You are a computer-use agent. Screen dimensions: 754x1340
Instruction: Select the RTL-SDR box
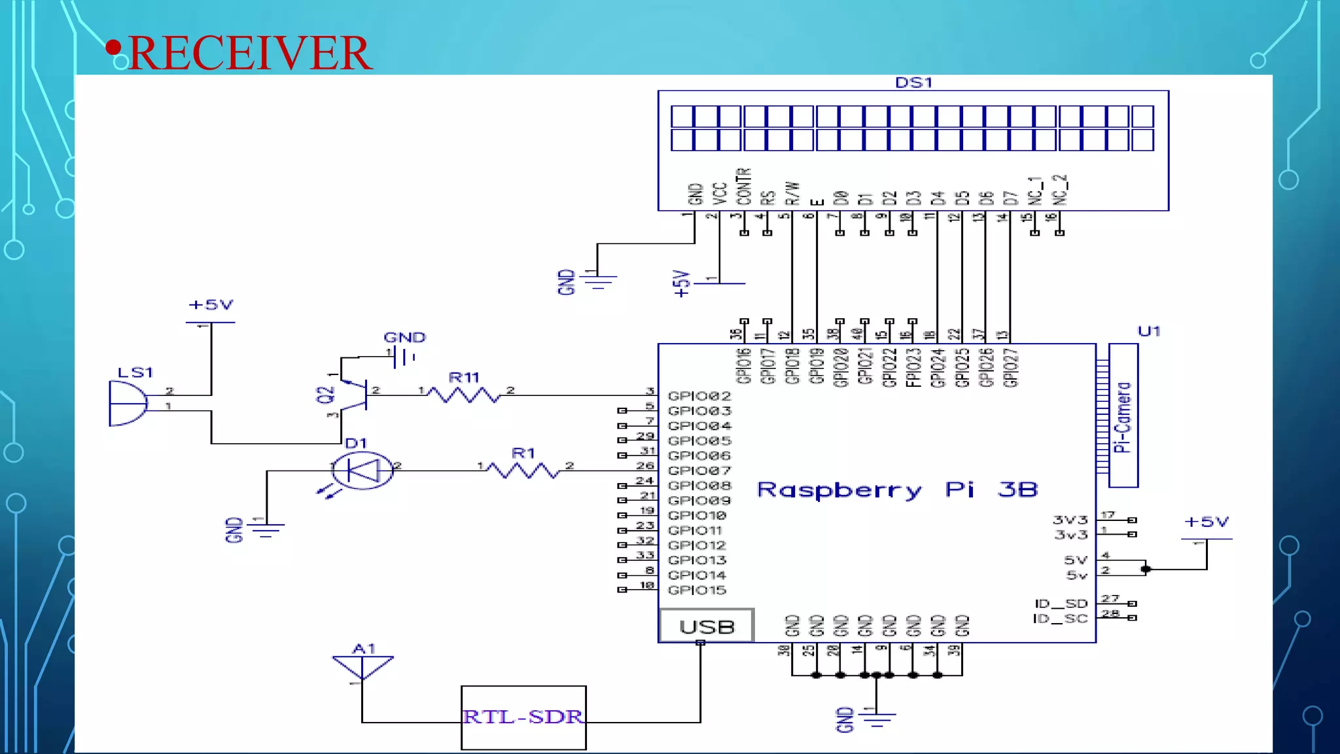pos(523,717)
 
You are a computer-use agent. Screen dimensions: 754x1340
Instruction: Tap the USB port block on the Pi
pos(707,626)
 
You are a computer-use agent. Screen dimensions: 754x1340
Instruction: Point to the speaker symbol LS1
pos(128,403)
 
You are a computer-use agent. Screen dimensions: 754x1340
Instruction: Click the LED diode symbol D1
pos(362,470)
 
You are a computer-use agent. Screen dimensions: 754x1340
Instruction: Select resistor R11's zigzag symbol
pos(465,395)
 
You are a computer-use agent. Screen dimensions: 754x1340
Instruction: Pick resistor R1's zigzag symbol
pos(523,470)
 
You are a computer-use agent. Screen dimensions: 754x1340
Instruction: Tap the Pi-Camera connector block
pos(1123,416)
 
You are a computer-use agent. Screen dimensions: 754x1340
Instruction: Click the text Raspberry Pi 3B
pos(896,490)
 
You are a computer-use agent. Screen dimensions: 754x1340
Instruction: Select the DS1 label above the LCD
pos(913,82)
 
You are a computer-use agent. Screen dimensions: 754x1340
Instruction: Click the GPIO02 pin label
pos(699,396)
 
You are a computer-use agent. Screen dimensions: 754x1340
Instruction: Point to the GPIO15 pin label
pos(697,590)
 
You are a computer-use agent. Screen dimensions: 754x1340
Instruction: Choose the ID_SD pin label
pos(1061,603)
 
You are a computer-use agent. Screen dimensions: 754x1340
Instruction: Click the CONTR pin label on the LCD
pos(744,187)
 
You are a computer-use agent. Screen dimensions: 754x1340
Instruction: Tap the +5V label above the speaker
pos(211,305)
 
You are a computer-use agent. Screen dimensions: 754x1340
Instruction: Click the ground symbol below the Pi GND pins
pos(877,719)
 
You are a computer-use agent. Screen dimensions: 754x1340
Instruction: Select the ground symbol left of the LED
pos(265,529)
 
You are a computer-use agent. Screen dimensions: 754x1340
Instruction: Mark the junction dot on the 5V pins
pos(1145,569)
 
